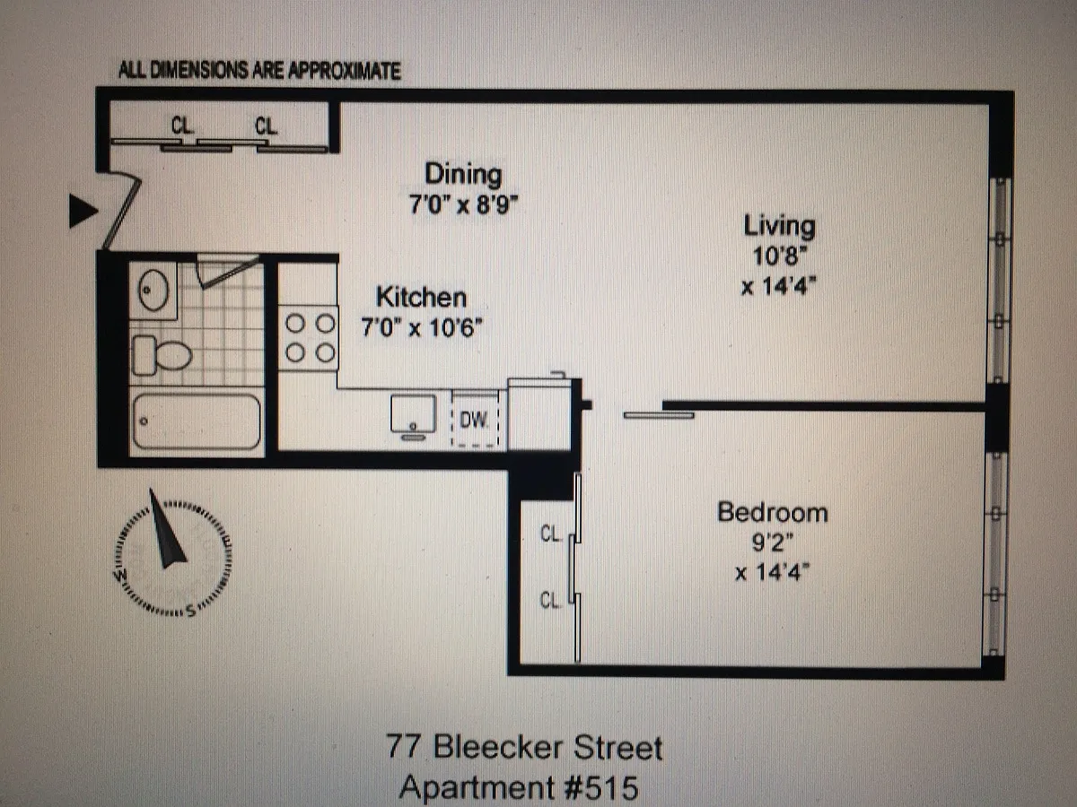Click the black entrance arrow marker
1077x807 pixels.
83,212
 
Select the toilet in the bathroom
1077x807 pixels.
163,356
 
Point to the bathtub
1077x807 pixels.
197,421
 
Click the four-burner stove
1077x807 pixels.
311,337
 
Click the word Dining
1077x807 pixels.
463,173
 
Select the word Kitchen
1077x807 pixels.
420,297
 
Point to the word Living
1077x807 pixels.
778,226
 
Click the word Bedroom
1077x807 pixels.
772,513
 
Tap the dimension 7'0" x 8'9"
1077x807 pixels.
464,204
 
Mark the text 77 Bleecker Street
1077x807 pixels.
526,748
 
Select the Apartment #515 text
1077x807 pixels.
519,788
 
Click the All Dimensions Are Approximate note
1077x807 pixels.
259,72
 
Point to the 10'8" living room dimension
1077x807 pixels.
778,256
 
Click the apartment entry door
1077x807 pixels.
120,212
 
